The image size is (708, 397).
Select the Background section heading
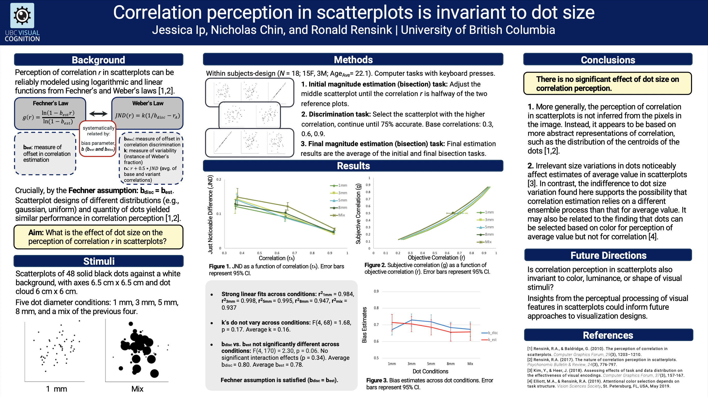pos(98,60)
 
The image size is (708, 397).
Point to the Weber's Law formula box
pos(148,113)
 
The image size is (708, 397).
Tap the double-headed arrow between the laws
pos(98,114)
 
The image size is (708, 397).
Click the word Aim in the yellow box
pos(36,232)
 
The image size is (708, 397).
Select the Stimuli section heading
pos(99,261)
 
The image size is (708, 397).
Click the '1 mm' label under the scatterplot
pos(57,389)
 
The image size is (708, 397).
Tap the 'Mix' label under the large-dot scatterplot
pos(137,389)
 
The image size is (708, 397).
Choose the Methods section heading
pos(353,60)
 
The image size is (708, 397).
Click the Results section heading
pos(353,166)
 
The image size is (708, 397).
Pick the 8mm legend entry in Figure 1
pos(339,208)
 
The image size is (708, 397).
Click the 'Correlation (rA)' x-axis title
pos(277,258)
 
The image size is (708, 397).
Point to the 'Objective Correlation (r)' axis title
pos(436,258)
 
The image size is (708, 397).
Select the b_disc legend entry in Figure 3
pos(490,333)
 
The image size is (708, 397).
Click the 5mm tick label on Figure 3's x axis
pos(431,364)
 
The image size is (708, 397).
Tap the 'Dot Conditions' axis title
pos(430,372)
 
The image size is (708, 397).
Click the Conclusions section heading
pos(608,60)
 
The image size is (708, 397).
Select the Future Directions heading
pos(608,256)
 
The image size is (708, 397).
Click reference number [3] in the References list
pos(530,370)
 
